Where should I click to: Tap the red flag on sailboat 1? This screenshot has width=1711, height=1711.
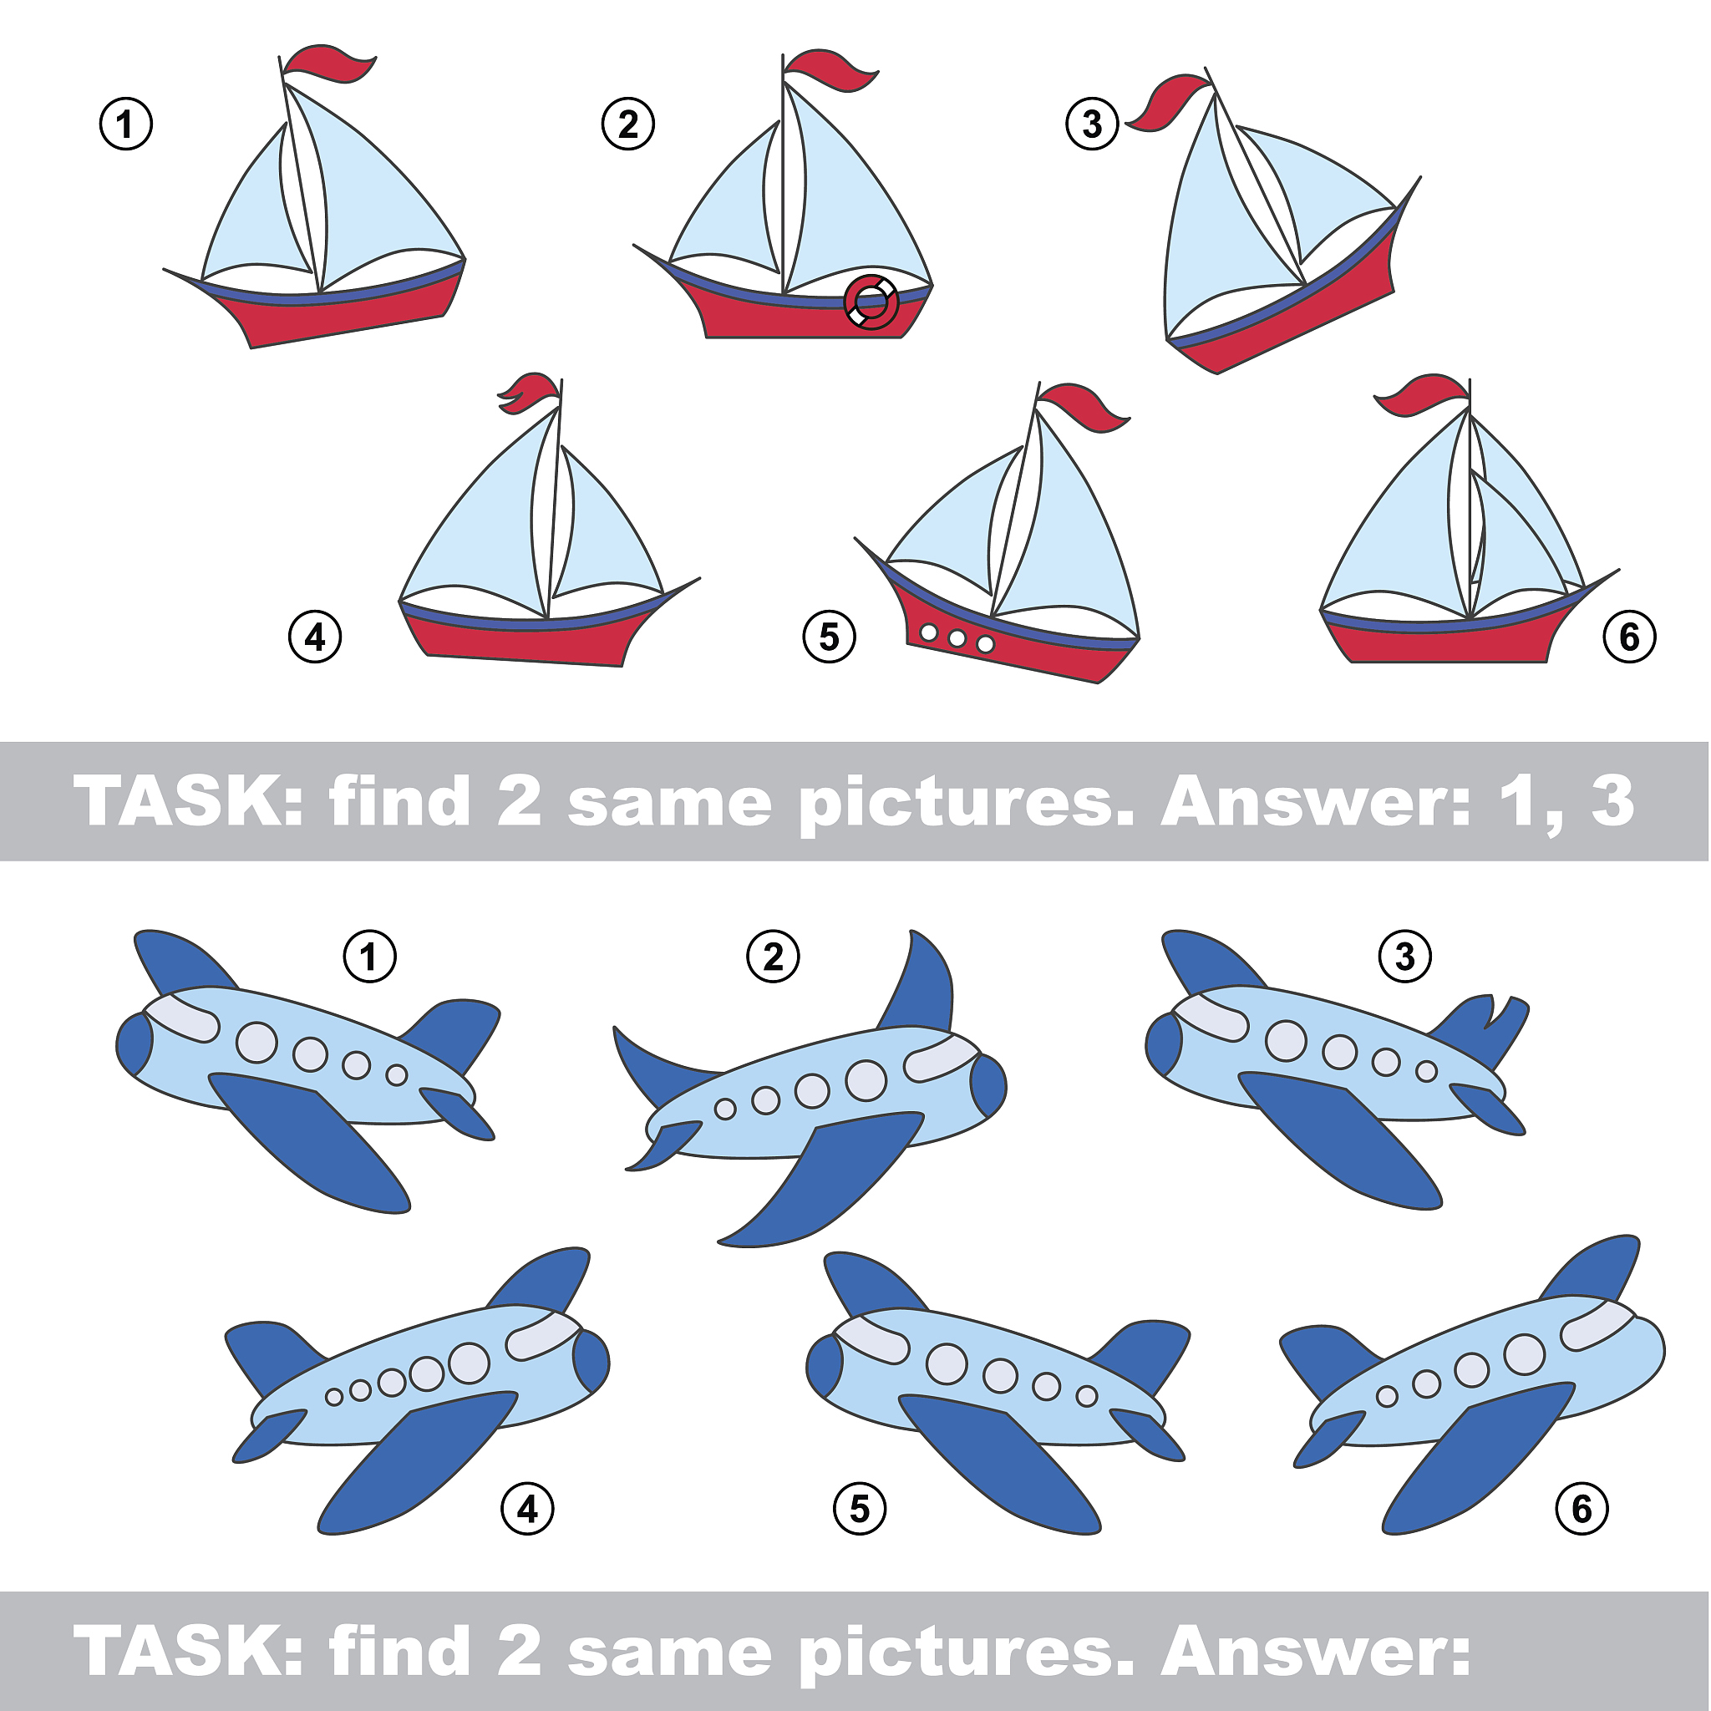pyautogui.click(x=327, y=63)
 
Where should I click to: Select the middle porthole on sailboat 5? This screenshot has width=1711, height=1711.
pyautogui.click(x=957, y=637)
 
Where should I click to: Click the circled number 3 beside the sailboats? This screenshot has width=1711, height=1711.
pyautogui.click(x=1092, y=124)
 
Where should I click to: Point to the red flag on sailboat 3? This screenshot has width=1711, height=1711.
pyautogui.click(x=1167, y=103)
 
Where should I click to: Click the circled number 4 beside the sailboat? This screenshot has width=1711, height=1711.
pyautogui.click(x=315, y=637)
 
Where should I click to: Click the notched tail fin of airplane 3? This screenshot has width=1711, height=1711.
pyautogui.click(x=1479, y=1031)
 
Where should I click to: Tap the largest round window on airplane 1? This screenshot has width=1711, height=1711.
pyautogui.click(x=256, y=1042)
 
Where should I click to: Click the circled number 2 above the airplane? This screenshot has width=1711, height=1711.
pyautogui.click(x=773, y=957)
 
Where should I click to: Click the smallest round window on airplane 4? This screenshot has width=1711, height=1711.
pyautogui.click(x=334, y=1397)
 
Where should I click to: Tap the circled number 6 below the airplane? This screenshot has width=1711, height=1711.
pyautogui.click(x=1582, y=1509)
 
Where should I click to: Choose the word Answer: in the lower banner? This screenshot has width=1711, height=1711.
pyautogui.click(x=1316, y=1653)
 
